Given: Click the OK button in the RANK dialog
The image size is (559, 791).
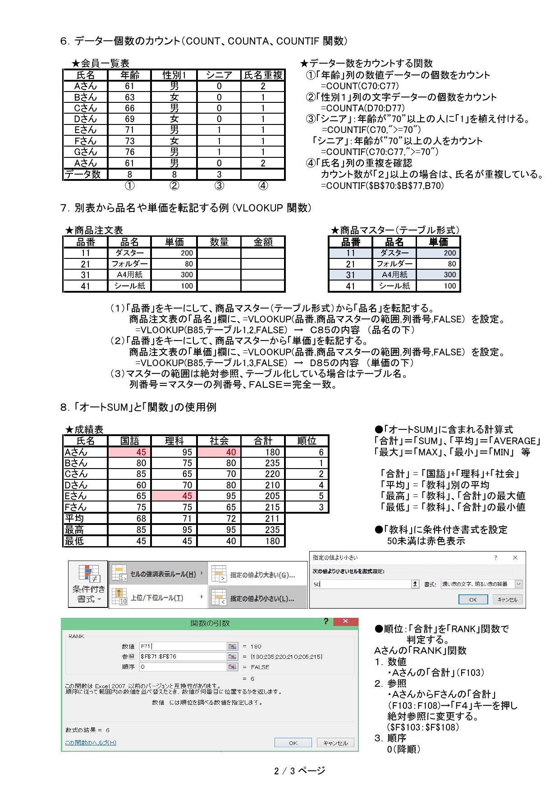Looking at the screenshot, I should click(x=293, y=743).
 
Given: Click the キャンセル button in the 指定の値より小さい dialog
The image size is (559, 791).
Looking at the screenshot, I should click(x=508, y=599).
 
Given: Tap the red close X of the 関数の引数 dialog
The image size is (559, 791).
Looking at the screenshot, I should click(x=345, y=621).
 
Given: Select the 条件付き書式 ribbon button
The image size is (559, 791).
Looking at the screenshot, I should click(x=88, y=584).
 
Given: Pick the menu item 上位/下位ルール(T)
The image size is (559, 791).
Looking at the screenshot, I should click(x=156, y=598).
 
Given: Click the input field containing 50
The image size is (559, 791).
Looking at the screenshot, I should click(x=361, y=584).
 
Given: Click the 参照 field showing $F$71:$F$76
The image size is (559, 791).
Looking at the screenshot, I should click(x=182, y=657).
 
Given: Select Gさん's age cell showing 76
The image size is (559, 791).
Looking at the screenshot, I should click(x=130, y=152).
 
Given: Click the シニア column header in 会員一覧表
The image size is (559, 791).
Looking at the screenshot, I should click(x=219, y=75).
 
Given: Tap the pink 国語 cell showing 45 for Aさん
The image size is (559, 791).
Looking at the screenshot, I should click(x=130, y=452).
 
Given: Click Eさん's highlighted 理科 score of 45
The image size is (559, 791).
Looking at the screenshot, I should click(x=174, y=496).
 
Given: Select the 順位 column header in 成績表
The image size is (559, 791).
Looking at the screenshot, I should click(x=307, y=441).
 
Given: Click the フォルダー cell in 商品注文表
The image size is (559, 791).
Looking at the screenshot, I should click(x=130, y=264).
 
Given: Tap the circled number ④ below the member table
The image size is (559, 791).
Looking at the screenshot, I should click(x=263, y=185).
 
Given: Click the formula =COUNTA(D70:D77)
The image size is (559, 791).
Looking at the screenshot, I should click(x=362, y=108).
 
